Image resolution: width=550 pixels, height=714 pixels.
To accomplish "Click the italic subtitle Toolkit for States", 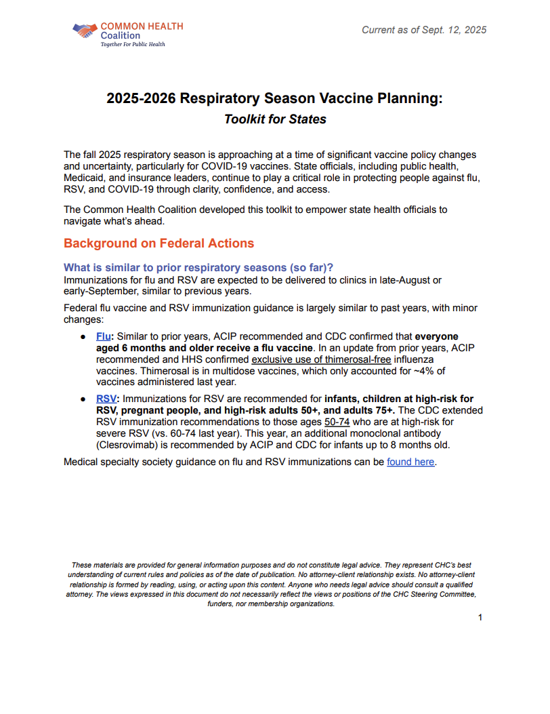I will pyautogui.click(x=275, y=119).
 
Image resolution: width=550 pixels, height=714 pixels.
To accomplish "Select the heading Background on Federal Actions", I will pyautogui.click(x=158, y=243).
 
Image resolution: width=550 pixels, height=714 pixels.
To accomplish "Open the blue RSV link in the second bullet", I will pyautogui.click(x=106, y=399).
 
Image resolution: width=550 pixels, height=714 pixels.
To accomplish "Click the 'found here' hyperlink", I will pyautogui.click(x=410, y=462).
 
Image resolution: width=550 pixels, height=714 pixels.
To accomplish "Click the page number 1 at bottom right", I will pyautogui.click(x=480, y=617).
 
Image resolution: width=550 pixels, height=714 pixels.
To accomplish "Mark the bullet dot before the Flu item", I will pyautogui.click(x=83, y=337).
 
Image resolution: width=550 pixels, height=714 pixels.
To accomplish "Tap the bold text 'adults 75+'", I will pyautogui.click(x=369, y=410).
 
